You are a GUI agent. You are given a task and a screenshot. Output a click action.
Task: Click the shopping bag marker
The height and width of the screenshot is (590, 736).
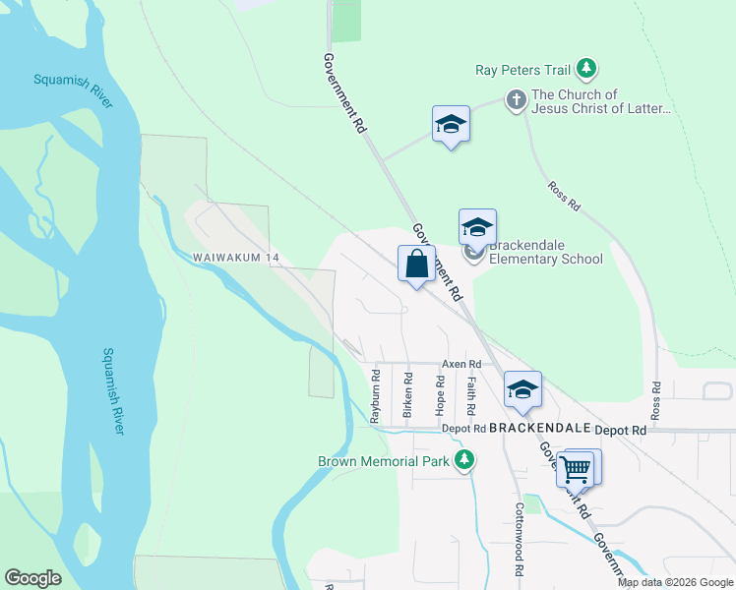coord(416,265)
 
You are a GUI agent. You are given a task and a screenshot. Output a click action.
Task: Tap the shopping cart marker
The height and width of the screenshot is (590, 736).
coord(575,469)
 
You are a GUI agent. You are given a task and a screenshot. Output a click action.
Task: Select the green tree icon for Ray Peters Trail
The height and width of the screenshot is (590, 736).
coord(587,68)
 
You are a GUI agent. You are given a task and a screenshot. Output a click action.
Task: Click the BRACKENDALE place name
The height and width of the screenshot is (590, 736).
coord(538,430)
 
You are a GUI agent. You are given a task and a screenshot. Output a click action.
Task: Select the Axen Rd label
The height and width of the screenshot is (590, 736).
coord(460,364)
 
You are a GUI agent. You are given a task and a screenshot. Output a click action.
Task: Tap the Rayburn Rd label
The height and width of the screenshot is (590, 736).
coord(375,395)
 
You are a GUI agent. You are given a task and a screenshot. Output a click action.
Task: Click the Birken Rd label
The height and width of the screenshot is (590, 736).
coord(407,395)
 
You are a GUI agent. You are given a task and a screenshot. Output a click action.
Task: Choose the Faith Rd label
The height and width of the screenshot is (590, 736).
coord(471,395)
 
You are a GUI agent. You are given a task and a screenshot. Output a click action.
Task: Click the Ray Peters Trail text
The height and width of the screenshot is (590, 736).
coord(521,69)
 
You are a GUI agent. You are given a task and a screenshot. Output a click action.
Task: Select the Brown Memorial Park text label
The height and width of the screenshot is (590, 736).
coord(383,461)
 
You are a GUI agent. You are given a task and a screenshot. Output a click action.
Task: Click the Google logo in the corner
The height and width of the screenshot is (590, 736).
coord(32,578)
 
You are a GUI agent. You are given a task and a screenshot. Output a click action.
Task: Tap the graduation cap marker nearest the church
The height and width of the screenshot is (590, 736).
coord(451,125)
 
